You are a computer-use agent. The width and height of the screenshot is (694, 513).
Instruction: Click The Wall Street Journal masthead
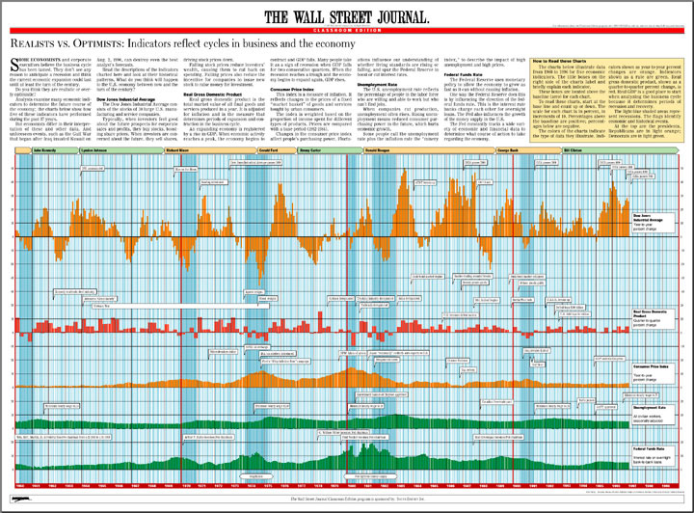pyautogui.click(x=347, y=15)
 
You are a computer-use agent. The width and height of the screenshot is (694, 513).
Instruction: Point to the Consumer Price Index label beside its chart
pyautogui.click(x=648, y=369)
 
